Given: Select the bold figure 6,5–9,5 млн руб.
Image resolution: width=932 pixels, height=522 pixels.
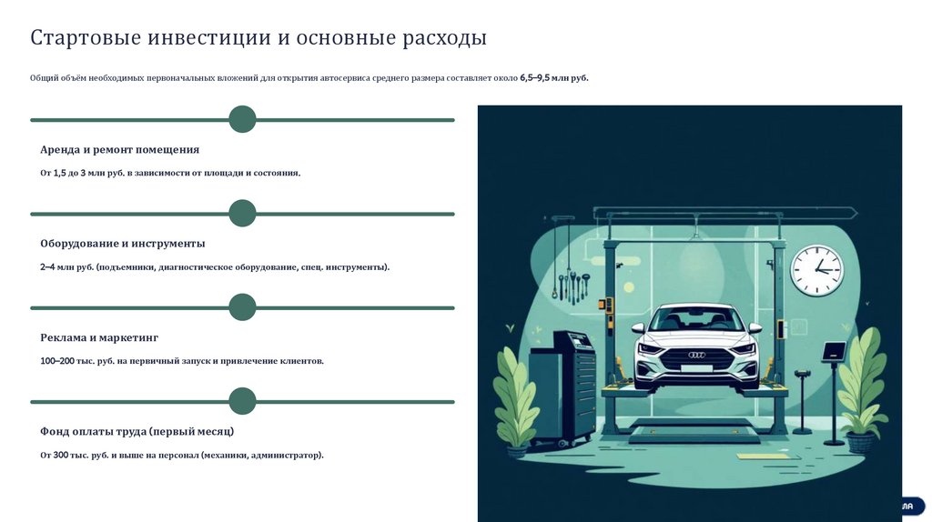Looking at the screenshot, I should coord(554,78).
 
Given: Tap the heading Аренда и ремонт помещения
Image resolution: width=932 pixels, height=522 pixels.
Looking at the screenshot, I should coord(119,149).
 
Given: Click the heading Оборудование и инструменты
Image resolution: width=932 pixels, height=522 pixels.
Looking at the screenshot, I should coord(122,244).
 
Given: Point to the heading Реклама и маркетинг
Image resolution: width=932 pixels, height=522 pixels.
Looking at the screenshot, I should coord(99,337).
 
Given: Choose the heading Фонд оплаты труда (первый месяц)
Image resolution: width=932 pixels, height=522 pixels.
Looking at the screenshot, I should coord(137,431).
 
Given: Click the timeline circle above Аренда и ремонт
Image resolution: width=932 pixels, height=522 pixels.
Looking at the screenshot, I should coord(242,119).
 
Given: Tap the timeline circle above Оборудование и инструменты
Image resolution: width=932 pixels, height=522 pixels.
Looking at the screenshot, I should coord(242,214).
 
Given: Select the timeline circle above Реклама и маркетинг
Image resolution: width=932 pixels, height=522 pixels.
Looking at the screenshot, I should coord(242,307).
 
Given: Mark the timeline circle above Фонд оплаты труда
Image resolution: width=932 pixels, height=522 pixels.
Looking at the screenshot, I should coord(242,401).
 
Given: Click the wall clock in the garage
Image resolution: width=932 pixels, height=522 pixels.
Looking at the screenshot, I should coord(816,270).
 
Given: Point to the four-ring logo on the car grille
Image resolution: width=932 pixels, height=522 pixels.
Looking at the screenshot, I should coord(696,355).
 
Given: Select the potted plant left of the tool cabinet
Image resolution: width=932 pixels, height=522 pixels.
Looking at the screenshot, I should coord(516,400).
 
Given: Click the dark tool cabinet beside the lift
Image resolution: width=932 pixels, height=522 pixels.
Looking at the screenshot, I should coord(563,386).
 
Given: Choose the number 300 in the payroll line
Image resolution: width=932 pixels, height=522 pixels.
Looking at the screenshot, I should coord(61,455).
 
